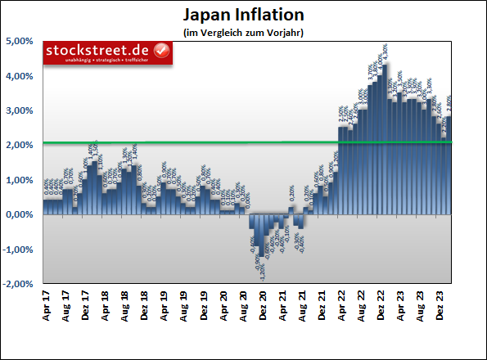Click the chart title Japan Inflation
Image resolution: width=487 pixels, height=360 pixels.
pos(242,15)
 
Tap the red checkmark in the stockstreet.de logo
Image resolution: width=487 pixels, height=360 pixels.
pos(161,53)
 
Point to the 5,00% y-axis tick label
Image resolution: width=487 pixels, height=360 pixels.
pos(20,41)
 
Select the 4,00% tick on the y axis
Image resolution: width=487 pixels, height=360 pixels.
pos(20,76)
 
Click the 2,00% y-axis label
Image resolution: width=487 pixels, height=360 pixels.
pos(20,146)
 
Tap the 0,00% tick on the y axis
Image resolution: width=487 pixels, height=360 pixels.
pos(20,215)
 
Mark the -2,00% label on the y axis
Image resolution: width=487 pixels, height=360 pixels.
pos(19,285)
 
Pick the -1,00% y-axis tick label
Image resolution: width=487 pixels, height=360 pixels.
pos(19,250)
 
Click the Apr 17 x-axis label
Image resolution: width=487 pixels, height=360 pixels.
pos(47,305)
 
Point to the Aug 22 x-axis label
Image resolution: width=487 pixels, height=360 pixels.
pos(363,305)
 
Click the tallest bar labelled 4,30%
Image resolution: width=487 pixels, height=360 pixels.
pos(384,139)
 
